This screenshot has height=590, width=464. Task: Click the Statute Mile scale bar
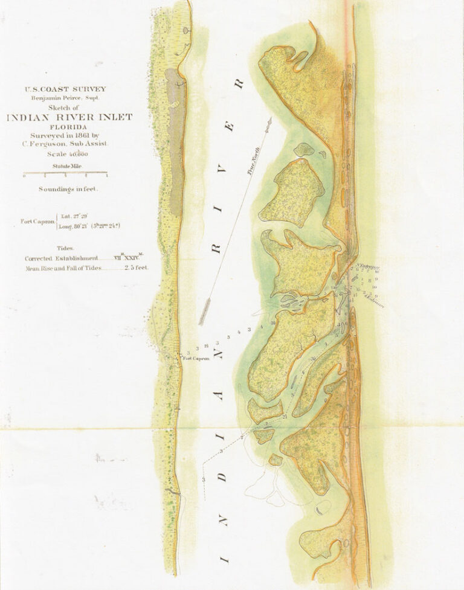click(x=65, y=175)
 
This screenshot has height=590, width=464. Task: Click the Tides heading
click(x=66, y=248)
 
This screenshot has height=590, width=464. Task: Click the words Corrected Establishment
click(x=60, y=258)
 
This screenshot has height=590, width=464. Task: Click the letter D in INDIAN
click(x=222, y=475)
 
